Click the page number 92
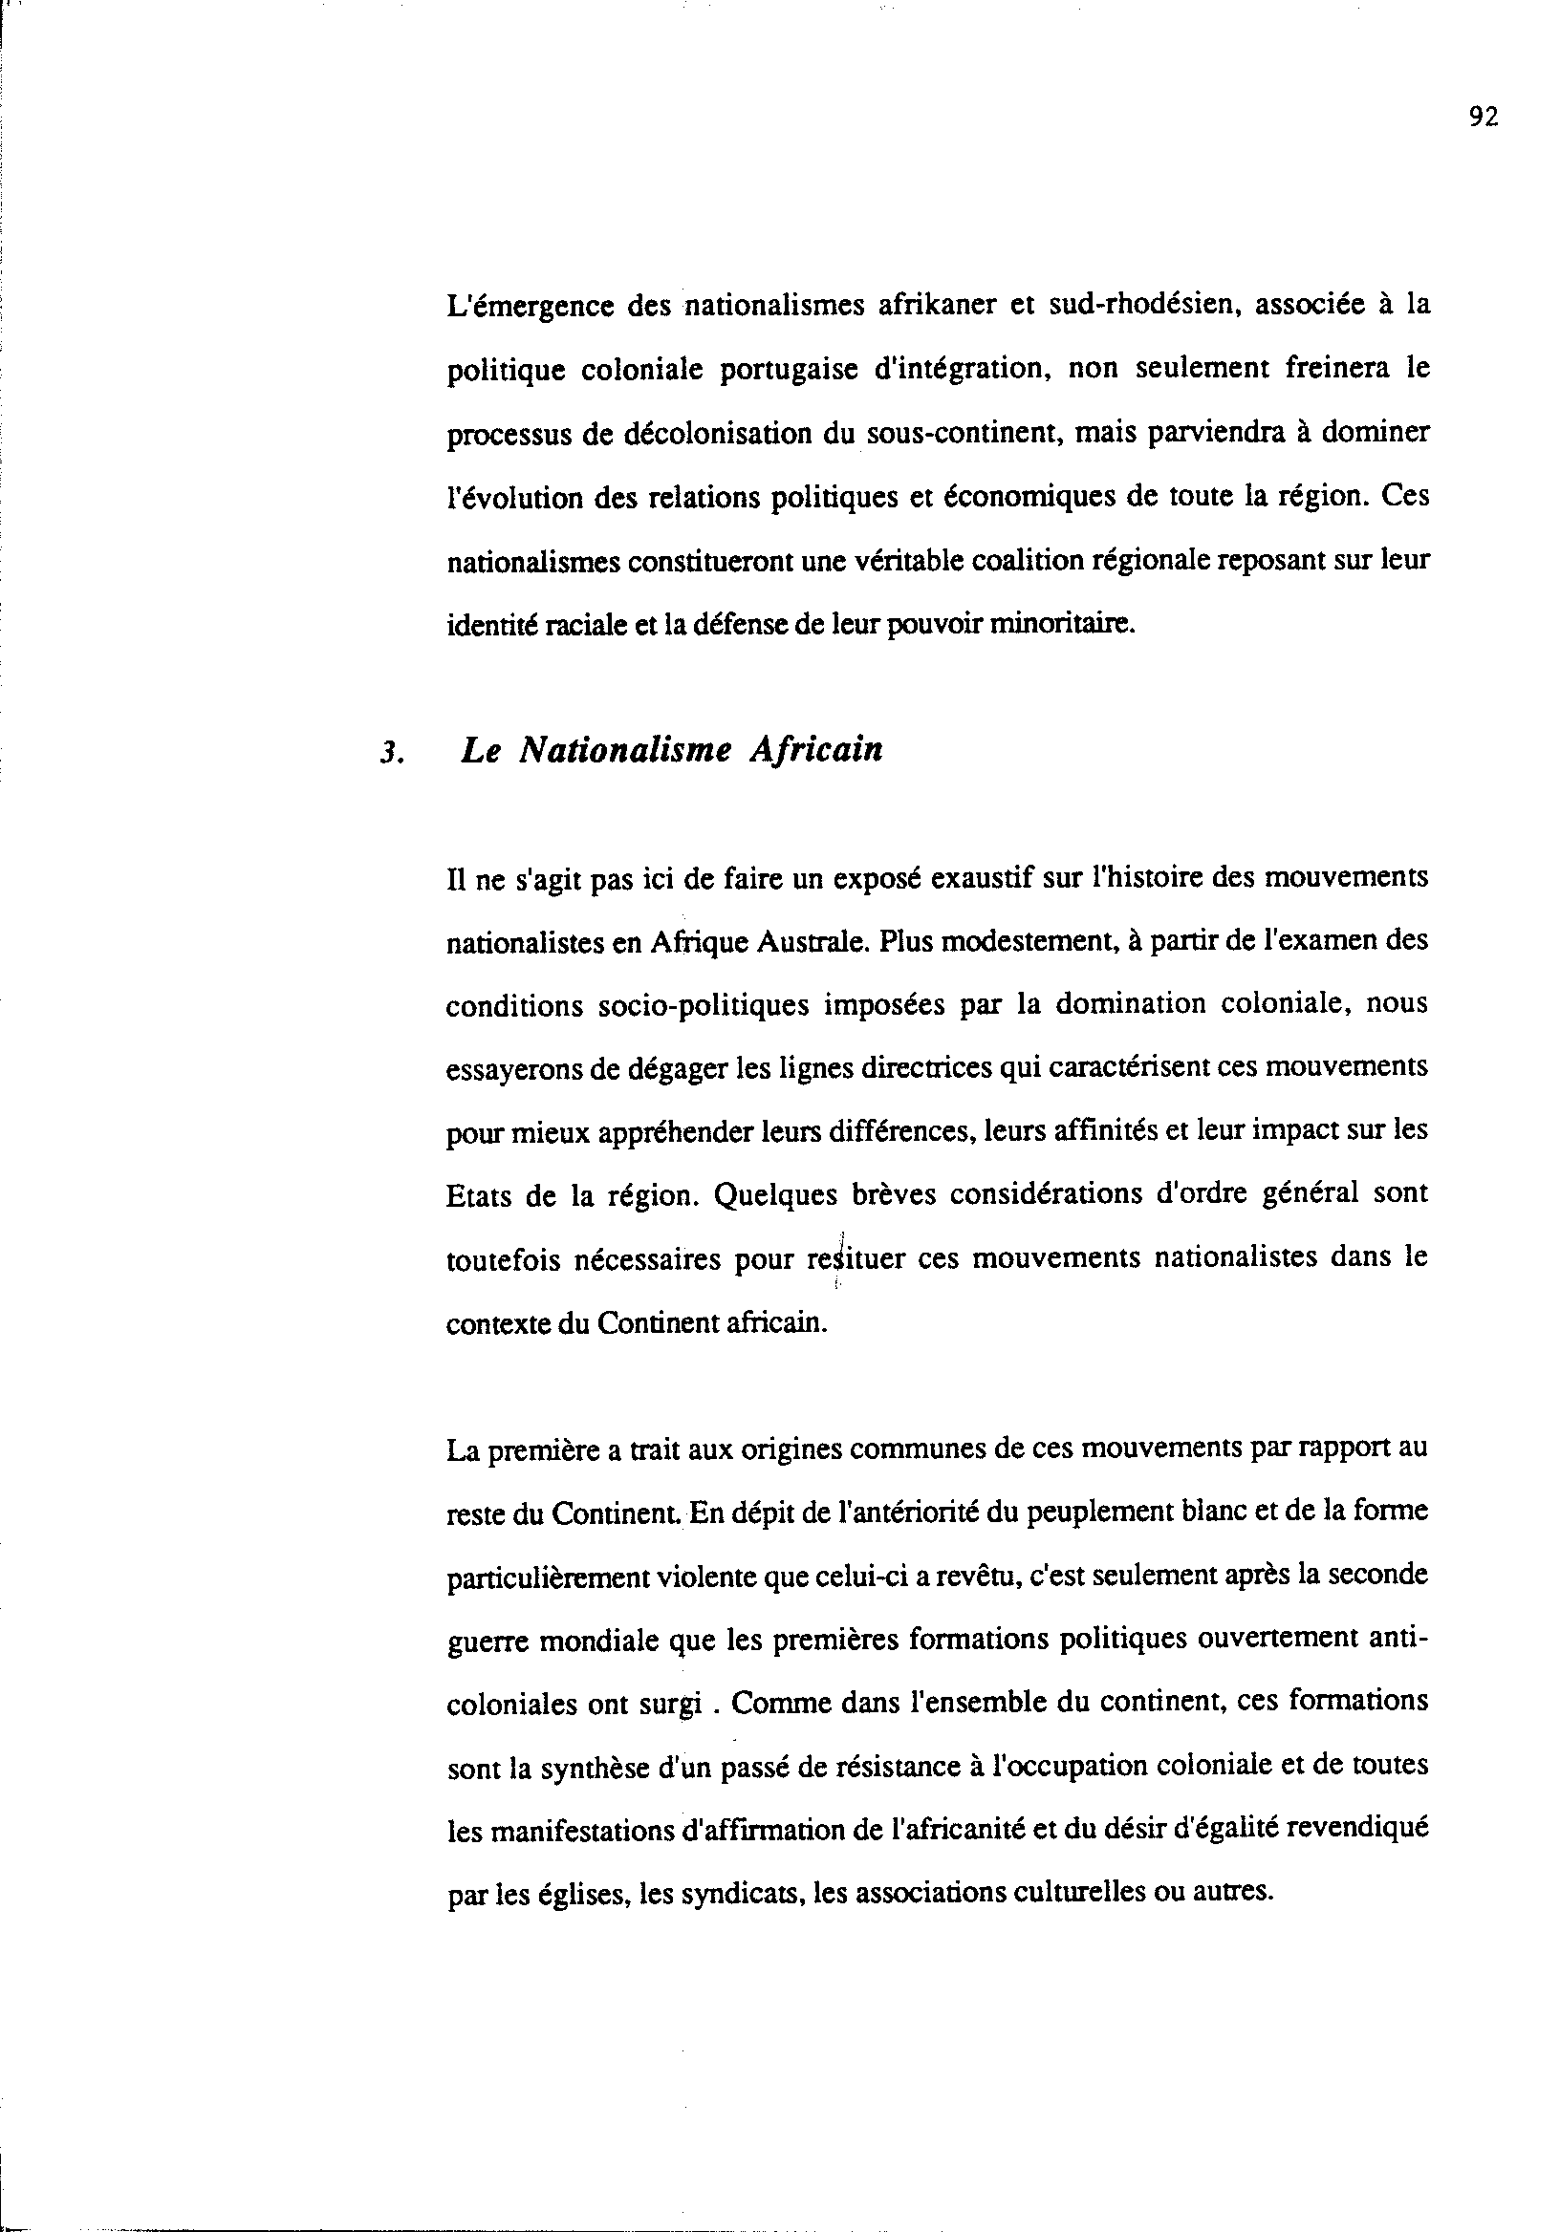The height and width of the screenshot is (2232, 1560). (1484, 118)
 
